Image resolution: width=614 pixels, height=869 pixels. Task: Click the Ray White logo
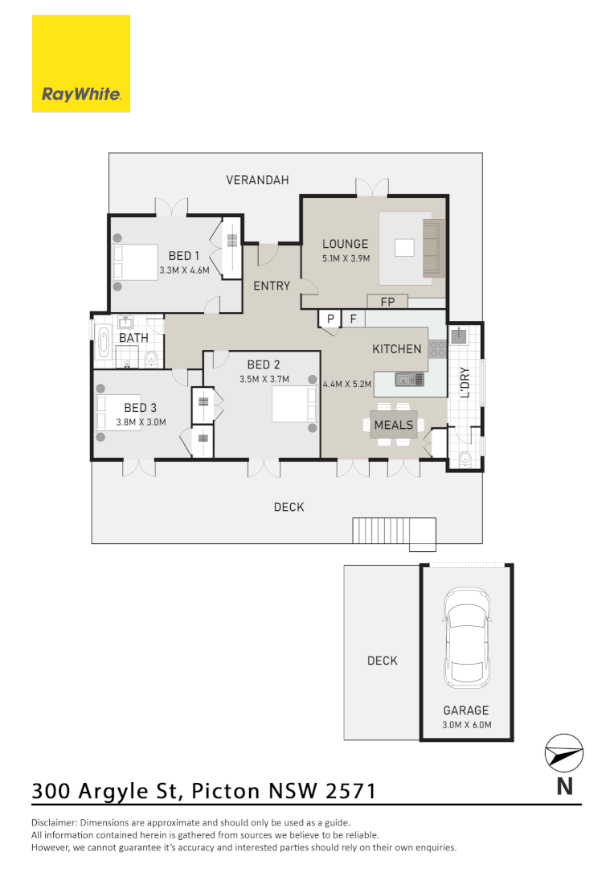click(x=81, y=64)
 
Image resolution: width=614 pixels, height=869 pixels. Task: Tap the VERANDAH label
click(x=257, y=180)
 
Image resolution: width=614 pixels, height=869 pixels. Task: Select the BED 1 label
click(x=184, y=256)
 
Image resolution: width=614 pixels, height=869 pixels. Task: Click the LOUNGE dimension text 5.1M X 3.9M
click(x=345, y=259)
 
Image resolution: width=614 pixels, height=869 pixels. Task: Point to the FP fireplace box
click(x=387, y=302)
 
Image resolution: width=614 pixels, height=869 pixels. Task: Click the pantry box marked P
click(x=330, y=319)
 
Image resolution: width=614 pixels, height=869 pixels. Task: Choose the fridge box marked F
click(x=352, y=319)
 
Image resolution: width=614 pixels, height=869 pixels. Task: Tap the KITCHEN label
click(x=397, y=349)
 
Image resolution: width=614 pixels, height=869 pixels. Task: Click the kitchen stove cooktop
click(x=438, y=349)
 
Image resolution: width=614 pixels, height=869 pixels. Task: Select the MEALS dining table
click(x=394, y=425)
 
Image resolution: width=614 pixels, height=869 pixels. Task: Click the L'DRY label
click(x=465, y=383)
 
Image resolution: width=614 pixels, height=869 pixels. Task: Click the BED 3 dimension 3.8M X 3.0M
click(x=141, y=422)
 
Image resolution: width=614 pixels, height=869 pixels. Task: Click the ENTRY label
click(x=272, y=286)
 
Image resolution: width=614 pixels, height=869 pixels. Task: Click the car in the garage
click(x=467, y=636)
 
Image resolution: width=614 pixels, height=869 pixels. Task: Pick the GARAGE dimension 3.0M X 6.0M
click(x=466, y=725)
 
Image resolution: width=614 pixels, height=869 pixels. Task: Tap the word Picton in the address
click(x=226, y=790)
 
